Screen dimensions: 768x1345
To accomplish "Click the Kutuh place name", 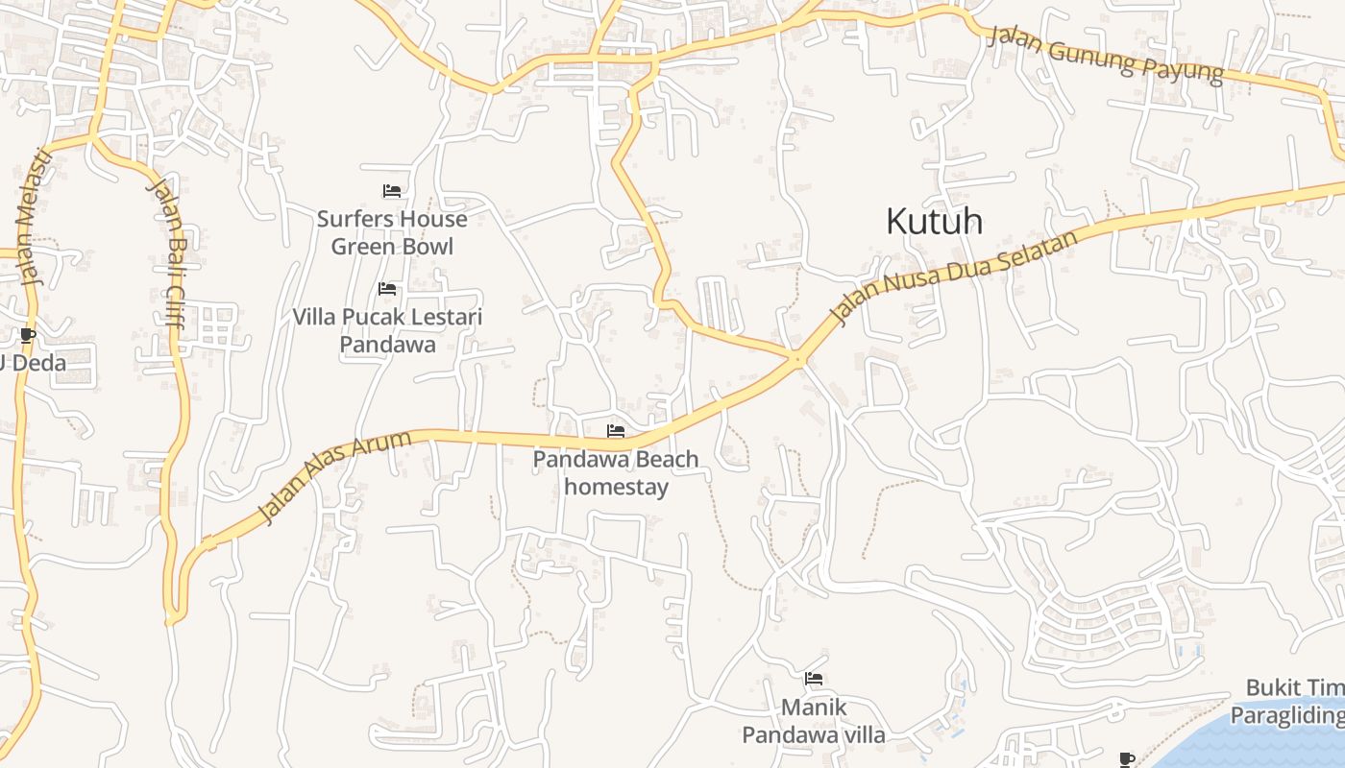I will coord(934,222).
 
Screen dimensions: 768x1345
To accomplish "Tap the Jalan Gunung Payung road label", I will coord(1106,55).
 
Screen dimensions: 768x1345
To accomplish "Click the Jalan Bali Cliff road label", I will coord(164,252).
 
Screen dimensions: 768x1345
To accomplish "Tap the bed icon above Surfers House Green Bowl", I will coord(391,191).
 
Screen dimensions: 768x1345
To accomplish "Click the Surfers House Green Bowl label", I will coord(392,232).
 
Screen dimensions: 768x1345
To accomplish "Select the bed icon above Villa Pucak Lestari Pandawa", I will coord(387,289).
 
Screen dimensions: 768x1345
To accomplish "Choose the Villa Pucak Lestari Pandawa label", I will coord(387,330).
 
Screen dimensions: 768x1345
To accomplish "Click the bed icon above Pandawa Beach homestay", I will coord(616,431).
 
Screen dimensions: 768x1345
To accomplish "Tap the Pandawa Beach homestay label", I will coord(616,472).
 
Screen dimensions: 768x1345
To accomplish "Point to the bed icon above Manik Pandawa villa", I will coord(814,679).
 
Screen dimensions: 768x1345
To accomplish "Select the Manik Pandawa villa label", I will coord(814,721).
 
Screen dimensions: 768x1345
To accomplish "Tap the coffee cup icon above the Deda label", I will coord(27,335).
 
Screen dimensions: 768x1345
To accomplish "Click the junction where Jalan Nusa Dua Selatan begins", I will coord(797,360).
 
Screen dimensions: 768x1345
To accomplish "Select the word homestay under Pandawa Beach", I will coord(616,487).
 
